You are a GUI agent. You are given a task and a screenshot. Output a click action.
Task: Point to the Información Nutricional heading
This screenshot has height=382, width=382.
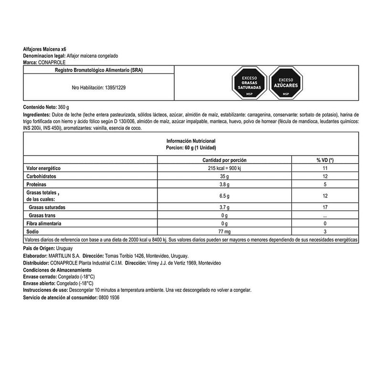(x=191, y=141)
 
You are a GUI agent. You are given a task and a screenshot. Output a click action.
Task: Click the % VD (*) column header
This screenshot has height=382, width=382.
(x=325, y=160)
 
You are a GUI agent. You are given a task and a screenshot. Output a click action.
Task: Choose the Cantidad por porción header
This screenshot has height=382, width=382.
(x=224, y=160)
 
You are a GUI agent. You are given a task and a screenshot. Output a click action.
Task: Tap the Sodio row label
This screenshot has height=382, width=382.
(x=32, y=231)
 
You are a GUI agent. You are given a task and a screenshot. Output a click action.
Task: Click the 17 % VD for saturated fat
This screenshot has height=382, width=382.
(x=325, y=208)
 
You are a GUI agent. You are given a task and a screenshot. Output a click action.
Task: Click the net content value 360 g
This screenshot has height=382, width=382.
(x=63, y=107)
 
